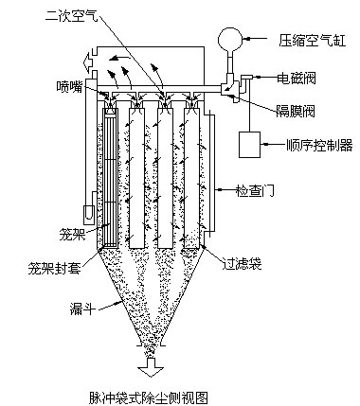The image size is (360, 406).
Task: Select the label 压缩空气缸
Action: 312,40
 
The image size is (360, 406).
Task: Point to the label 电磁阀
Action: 296,78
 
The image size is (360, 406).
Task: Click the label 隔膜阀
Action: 295,111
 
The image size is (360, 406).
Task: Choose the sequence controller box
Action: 249,145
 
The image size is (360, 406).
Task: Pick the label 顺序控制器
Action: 319,145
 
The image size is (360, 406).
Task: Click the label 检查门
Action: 255,190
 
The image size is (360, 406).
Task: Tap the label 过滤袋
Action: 242,263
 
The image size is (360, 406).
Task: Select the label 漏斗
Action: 82,309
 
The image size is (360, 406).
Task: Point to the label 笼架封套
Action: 54,268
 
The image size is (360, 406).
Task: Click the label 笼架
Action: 72,235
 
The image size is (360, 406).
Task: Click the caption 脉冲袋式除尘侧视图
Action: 149,397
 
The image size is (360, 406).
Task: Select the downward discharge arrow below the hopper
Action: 151,367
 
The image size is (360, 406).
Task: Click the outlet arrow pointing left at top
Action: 89,62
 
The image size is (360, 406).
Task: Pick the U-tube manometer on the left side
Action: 89,212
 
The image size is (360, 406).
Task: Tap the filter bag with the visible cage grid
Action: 111,177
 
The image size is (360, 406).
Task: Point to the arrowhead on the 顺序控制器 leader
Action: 264,145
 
